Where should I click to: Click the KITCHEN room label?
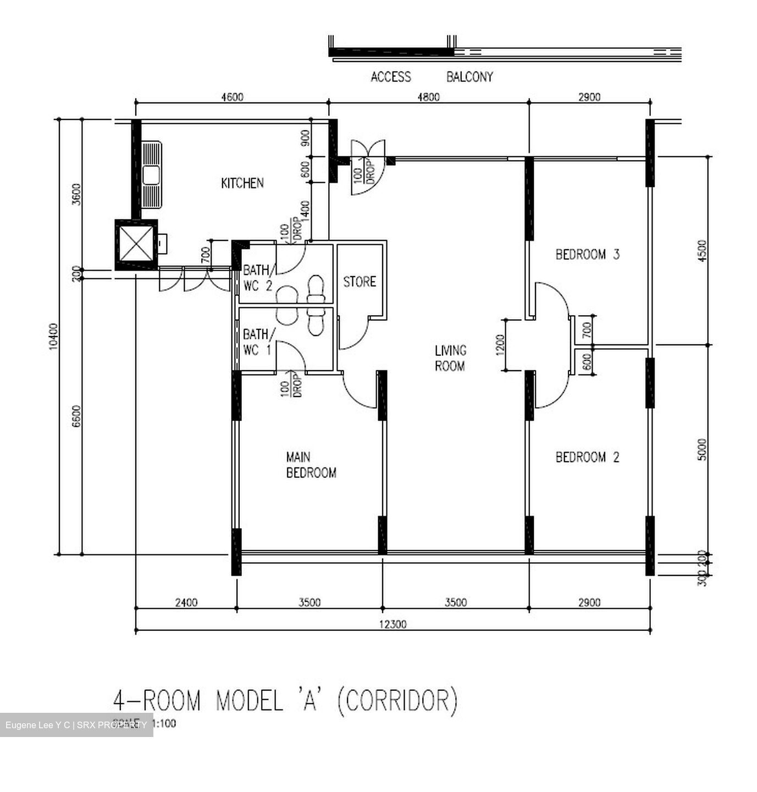pos(242,183)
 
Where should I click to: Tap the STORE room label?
pos(360,282)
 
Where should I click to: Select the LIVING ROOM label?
pos(450,358)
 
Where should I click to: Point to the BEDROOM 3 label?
pos(587,255)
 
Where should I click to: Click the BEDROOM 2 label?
pos(587,457)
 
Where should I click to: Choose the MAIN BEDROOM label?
pos(311,465)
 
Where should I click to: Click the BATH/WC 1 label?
pos(256,342)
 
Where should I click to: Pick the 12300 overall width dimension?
pos(393,624)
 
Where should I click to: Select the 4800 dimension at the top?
pos(428,97)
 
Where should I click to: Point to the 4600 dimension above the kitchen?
pos(231,97)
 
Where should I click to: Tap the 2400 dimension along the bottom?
pos(186,603)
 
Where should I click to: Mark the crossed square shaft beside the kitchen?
pos(135,244)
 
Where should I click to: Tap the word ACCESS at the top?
pos(390,77)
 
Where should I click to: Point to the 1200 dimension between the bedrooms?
pos(500,345)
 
